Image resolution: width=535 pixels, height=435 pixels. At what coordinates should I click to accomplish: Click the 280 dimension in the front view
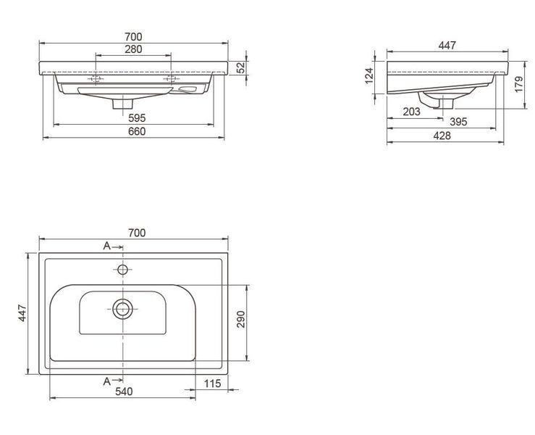click(133, 49)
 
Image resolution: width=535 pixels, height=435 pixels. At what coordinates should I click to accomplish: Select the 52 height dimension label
click(241, 67)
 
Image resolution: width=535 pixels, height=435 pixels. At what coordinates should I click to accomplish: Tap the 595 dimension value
click(137, 118)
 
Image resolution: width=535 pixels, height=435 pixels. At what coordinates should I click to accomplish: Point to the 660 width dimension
click(137, 131)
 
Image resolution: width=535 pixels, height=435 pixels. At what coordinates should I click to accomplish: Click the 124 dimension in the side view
click(369, 76)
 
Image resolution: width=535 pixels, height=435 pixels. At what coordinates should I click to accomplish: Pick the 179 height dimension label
click(518, 84)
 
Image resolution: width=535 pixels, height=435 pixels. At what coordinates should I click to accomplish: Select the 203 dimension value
click(411, 112)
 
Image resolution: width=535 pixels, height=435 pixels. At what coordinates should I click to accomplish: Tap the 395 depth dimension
click(458, 122)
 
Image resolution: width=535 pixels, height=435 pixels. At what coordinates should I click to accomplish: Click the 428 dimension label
click(442, 136)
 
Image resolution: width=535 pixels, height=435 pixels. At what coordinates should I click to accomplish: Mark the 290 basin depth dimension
click(241, 319)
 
